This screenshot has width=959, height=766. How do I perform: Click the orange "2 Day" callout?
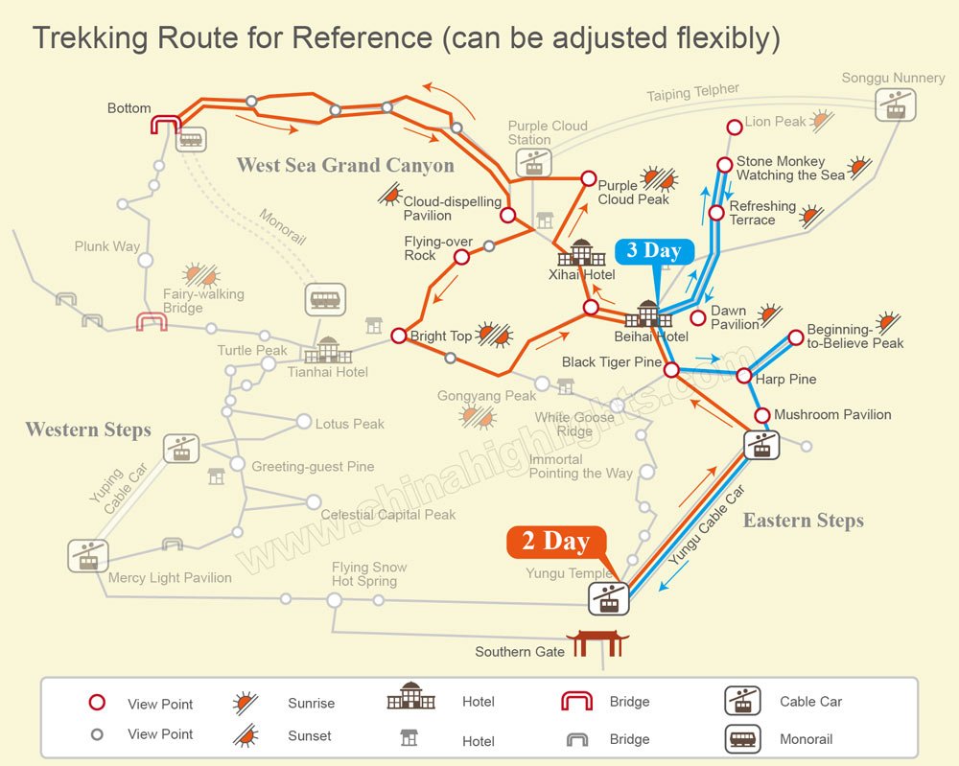pos(556,543)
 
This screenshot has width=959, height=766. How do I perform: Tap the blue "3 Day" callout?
pos(654,251)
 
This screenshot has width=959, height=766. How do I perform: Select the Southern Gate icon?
pos(597,644)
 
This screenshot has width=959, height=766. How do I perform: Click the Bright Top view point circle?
pos(399,336)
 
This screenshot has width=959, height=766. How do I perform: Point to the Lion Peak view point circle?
pos(735,128)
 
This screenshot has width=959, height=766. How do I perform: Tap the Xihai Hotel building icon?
pos(581,252)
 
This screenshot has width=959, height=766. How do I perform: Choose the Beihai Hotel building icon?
pos(648,313)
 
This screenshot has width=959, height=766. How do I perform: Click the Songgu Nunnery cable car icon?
pos(896,104)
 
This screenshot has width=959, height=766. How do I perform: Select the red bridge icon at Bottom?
pos(166,125)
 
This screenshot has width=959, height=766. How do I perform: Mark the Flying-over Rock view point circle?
pos(462,257)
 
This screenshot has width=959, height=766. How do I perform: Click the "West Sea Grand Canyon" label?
pos(345,165)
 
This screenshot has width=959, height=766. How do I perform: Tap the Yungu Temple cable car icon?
pos(609,598)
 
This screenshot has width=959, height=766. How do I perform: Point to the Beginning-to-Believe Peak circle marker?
pos(796,337)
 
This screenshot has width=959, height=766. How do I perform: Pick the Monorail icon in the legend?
pos(742,739)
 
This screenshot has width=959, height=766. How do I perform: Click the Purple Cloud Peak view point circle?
pos(589,178)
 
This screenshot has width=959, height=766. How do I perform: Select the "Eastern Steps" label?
pos(803,521)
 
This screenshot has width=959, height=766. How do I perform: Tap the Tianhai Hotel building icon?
pos(328,350)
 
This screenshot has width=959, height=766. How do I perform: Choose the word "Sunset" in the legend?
pos(310,736)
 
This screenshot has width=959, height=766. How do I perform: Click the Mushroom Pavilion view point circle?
pos(762,416)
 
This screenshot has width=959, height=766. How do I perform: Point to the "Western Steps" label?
pos(88,429)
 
